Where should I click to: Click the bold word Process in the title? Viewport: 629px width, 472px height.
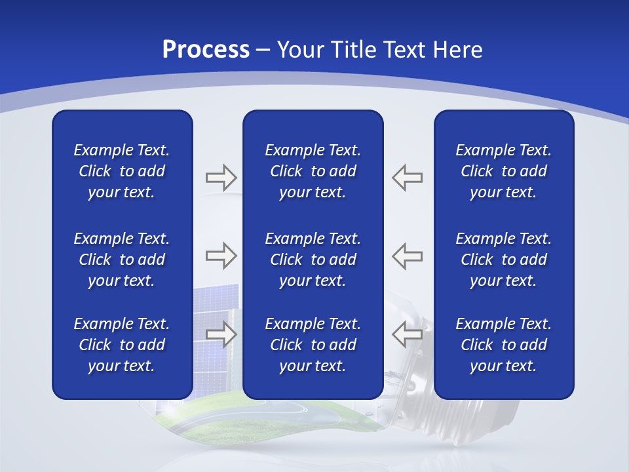(x=206, y=49)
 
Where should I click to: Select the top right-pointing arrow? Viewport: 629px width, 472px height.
(x=221, y=177)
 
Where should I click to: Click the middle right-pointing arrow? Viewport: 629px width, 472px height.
(x=221, y=256)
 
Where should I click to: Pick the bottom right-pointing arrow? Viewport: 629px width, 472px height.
(x=221, y=334)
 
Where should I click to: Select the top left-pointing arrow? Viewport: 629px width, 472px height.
(x=408, y=177)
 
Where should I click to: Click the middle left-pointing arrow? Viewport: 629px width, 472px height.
(x=408, y=256)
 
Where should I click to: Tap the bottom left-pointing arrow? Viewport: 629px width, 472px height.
(x=408, y=334)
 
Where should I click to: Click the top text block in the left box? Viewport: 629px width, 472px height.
(x=122, y=171)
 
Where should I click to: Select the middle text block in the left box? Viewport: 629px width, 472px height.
(x=122, y=260)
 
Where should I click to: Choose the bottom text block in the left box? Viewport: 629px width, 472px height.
(x=122, y=345)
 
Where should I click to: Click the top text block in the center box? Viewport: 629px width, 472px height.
(x=313, y=171)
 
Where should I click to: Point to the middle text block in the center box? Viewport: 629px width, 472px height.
(x=313, y=260)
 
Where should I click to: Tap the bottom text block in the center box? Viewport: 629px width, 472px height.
(x=313, y=345)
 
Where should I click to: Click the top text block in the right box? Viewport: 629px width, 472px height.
(x=503, y=171)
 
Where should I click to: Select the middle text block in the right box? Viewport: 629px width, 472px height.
(x=503, y=260)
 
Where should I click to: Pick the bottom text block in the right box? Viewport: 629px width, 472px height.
(x=503, y=345)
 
